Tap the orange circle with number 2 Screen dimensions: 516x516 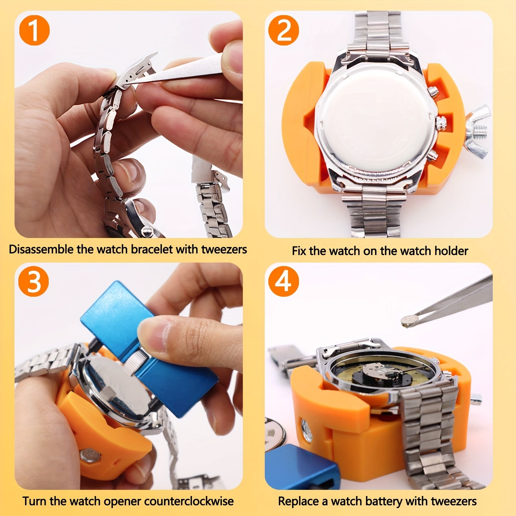point(284,31)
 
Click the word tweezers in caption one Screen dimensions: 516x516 point(224,249)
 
